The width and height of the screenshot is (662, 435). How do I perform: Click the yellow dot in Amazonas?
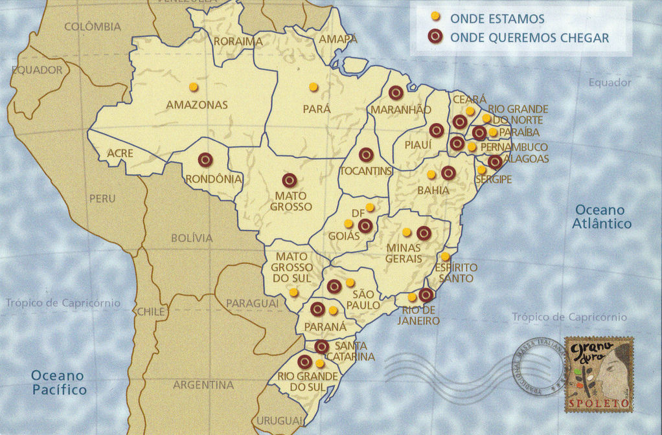click(x=192, y=87)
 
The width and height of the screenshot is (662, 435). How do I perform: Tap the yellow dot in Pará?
click(x=314, y=87)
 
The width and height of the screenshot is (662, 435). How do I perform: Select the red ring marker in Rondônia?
click(x=206, y=159)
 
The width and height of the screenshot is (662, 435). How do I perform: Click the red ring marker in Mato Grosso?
click(x=290, y=181)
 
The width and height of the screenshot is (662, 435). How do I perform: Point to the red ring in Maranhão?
click(x=396, y=93)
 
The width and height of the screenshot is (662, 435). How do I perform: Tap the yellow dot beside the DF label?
click(x=370, y=207)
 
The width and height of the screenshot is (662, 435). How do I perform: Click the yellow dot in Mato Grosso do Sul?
click(x=293, y=292)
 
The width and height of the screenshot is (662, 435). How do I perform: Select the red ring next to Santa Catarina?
click(x=321, y=347)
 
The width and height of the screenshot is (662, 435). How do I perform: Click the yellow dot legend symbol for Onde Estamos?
click(x=435, y=16)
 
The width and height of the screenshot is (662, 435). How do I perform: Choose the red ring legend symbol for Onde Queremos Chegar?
click(x=435, y=37)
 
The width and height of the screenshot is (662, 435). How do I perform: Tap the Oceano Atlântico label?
click(x=602, y=217)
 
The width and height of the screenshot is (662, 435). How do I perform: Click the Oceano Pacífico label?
click(x=59, y=383)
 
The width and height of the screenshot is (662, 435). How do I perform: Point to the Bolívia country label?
click(x=192, y=238)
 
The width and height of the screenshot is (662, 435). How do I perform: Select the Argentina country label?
click(x=203, y=385)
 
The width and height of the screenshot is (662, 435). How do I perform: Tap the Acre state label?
click(x=120, y=153)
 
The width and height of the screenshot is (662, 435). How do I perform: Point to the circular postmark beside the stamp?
click(x=536, y=367)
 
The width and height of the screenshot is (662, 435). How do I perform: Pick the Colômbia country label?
click(x=93, y=27)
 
